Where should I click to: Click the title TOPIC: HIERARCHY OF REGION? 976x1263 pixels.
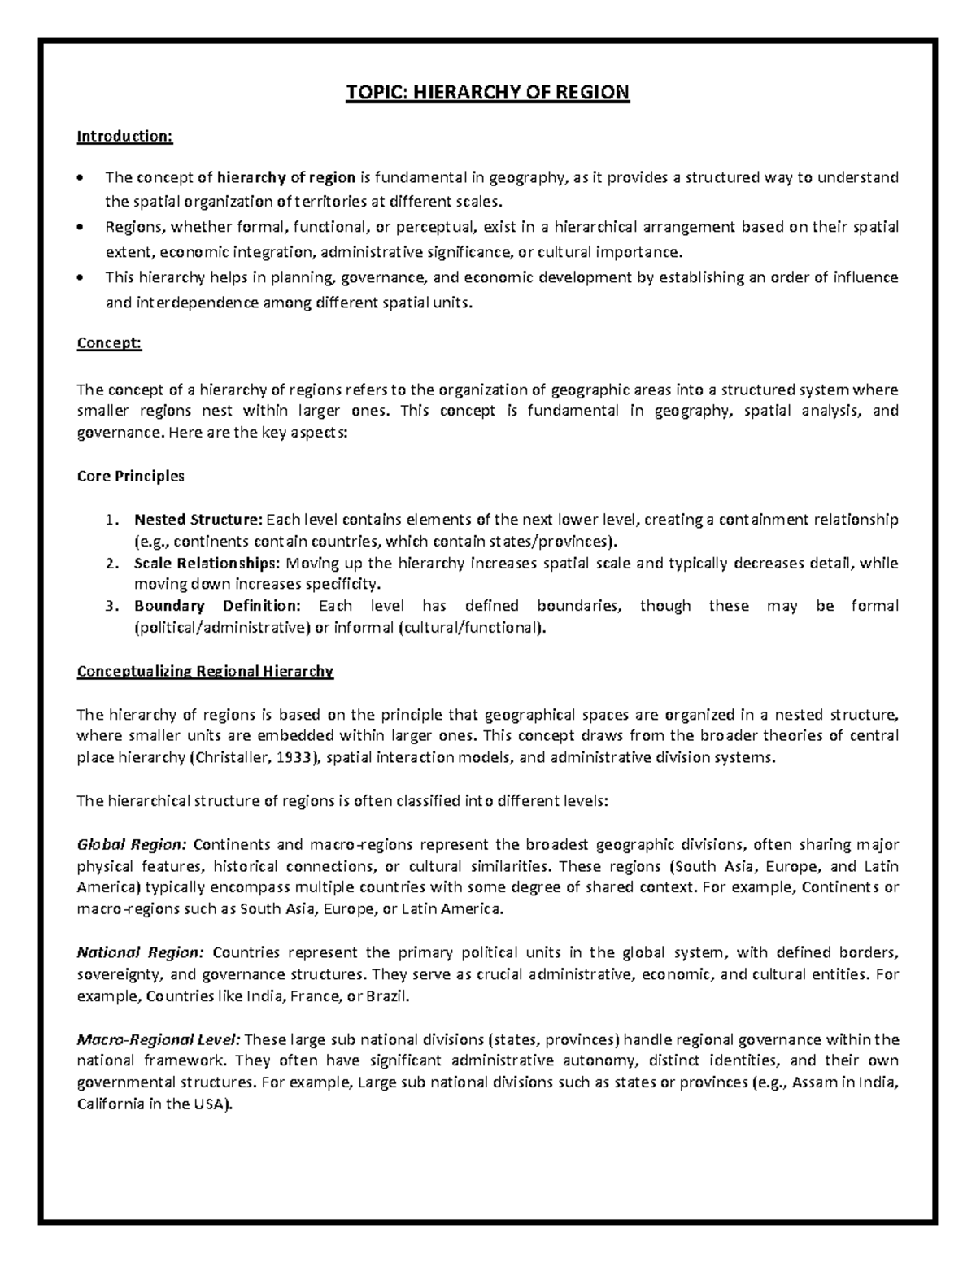click(487, 92)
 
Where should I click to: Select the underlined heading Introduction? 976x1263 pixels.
click(124, 136)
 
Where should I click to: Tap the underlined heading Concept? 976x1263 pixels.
click(109, 343)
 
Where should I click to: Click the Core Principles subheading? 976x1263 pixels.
click(130, 476)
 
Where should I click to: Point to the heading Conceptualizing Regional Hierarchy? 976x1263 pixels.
click(205, 672)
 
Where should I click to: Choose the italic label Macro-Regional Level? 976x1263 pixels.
click(158, 1039)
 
